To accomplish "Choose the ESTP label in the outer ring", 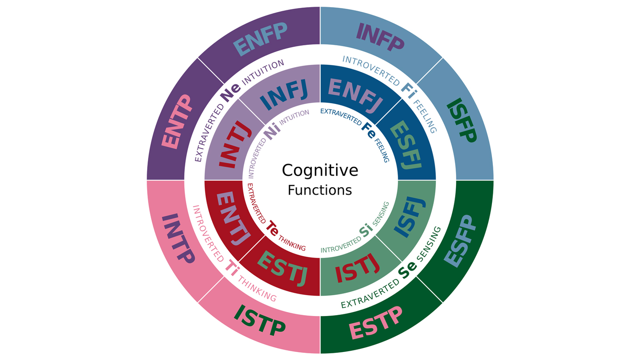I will pyautogui.click(x=376, y=322).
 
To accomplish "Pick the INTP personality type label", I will pyautogui.click(x=178, y=239).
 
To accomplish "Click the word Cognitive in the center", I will pyautogui.click(x=320, y=170).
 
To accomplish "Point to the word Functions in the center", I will pyautogui.click(x=320, y=190).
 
